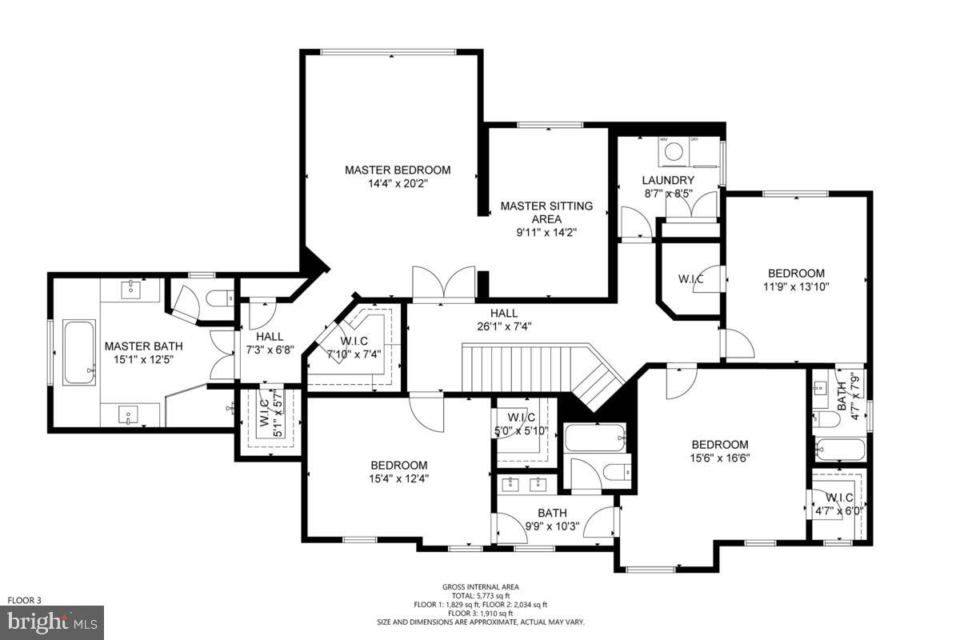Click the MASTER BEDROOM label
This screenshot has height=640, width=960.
pos(398,170)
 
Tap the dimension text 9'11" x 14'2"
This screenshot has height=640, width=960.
pos(546,233)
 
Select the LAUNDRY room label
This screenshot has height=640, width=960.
pos(668,180)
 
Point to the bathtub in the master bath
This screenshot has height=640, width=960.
pos(78,352)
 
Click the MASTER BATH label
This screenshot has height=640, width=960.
pos(143,346)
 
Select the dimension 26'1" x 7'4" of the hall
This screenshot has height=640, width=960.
pos(504,326)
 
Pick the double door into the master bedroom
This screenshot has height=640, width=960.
pos(443,285)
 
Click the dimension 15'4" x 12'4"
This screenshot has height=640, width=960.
pos(398,478)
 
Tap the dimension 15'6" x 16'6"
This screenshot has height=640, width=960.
pos(720,458)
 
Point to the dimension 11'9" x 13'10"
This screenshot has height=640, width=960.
pos(796,286)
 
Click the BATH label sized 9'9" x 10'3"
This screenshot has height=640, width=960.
pos(552,513)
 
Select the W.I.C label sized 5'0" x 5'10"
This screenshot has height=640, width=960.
pos(521,417)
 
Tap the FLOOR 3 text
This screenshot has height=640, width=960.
pos(24,600)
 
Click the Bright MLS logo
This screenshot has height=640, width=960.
pos(52,622)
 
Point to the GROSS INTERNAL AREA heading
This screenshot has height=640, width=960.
pos(481,587)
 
